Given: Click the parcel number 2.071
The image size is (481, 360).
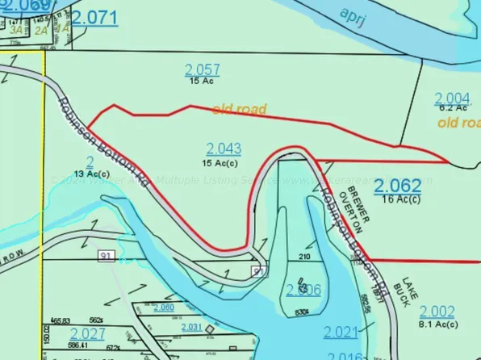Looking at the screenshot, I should (x=94, y=17).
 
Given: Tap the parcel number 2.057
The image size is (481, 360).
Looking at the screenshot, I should (x=202, y=69).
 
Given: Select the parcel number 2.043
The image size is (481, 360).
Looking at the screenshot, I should (x=224, y=149).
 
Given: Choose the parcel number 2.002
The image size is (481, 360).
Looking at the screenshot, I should (x=437, y=312).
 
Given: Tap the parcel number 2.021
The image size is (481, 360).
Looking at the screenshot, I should (x=340, y=332).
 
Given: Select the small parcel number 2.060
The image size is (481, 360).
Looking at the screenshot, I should (x=163, y=308).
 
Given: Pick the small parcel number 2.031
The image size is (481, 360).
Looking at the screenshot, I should (x=191, y=327).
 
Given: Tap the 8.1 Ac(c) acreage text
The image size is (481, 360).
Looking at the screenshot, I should (x=438, y=325).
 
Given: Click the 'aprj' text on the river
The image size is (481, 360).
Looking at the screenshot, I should (x=355, y=16).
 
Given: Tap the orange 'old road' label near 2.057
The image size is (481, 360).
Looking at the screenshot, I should (x=239, y=108).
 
